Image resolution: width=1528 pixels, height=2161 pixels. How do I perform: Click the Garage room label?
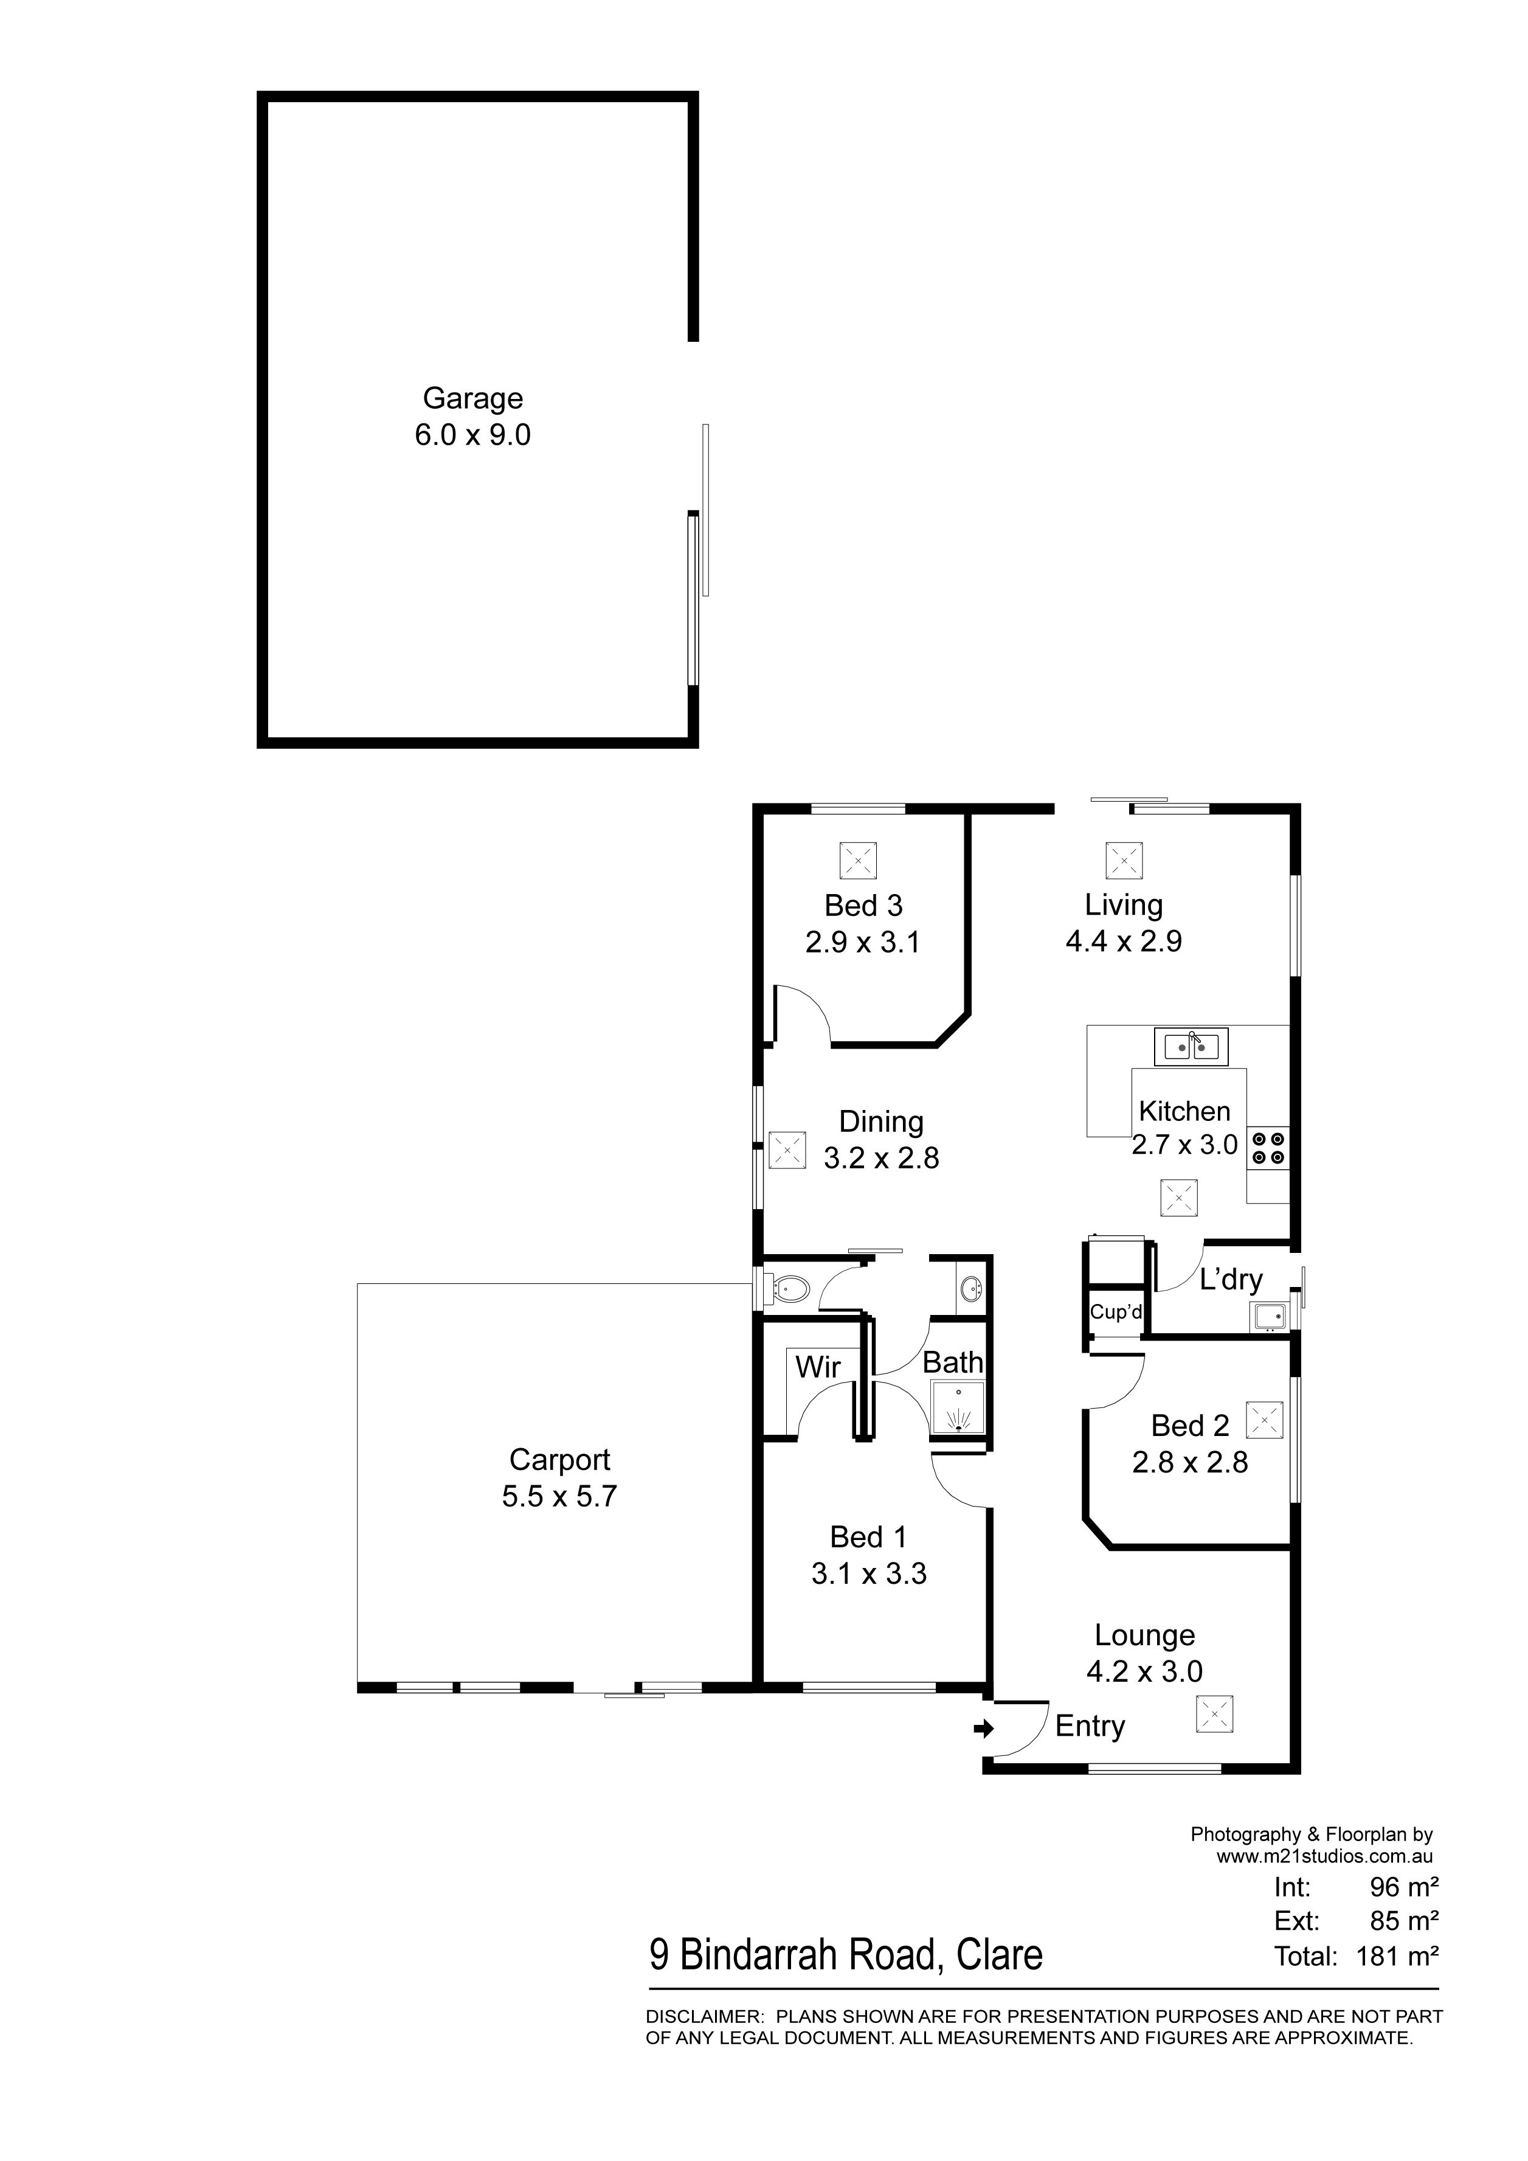pyautogui.click(x=472, y=398)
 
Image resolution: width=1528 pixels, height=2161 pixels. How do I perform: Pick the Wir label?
pyautogui.click(x=818, y=1367)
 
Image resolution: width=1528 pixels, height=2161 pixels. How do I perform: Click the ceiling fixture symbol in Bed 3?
pyautogui.click(x=857, y=861)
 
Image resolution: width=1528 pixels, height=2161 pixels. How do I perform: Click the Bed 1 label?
pyautogui.click(x=868, y=1537)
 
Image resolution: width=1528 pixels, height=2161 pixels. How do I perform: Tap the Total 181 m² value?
pyautogui.click(x=1397, y=1957)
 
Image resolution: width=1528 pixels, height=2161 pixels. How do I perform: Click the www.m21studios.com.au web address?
pyautogui.click(x=1325, y=1857)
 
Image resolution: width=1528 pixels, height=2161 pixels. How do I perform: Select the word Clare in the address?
pyautogui.click(x=1000, y=1956)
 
